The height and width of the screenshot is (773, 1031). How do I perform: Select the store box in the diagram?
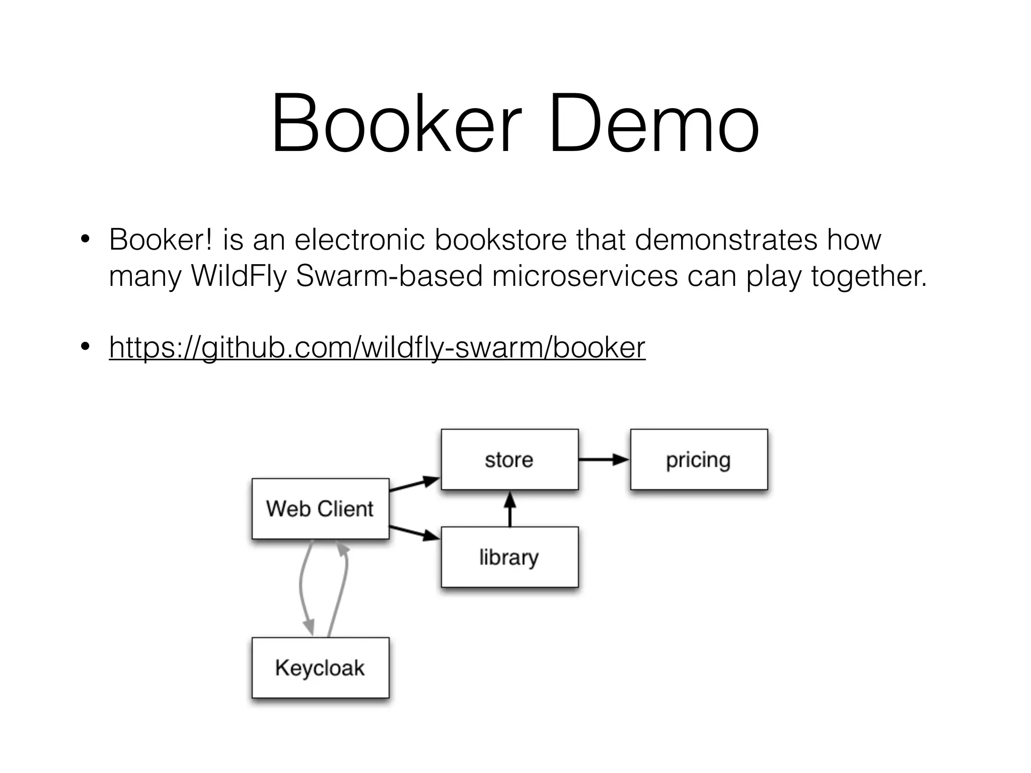coord(509,459)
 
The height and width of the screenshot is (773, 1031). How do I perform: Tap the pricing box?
coord(699,459)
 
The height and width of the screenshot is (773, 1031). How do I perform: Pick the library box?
coord(509,557)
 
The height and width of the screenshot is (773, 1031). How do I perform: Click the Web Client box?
coord(320,508)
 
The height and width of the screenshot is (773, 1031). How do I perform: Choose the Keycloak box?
coord(320,668)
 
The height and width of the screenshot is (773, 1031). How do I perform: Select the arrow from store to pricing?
coord(604,459)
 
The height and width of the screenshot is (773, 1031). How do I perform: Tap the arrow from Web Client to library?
coord(414,533)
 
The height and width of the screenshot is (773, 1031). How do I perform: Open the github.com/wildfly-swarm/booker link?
coord(377,347)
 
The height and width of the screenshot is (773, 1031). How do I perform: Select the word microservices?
coord(584,276)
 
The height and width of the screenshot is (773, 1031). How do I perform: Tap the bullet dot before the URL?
coord(85,347)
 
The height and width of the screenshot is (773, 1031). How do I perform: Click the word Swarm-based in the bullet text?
coord(389,276)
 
